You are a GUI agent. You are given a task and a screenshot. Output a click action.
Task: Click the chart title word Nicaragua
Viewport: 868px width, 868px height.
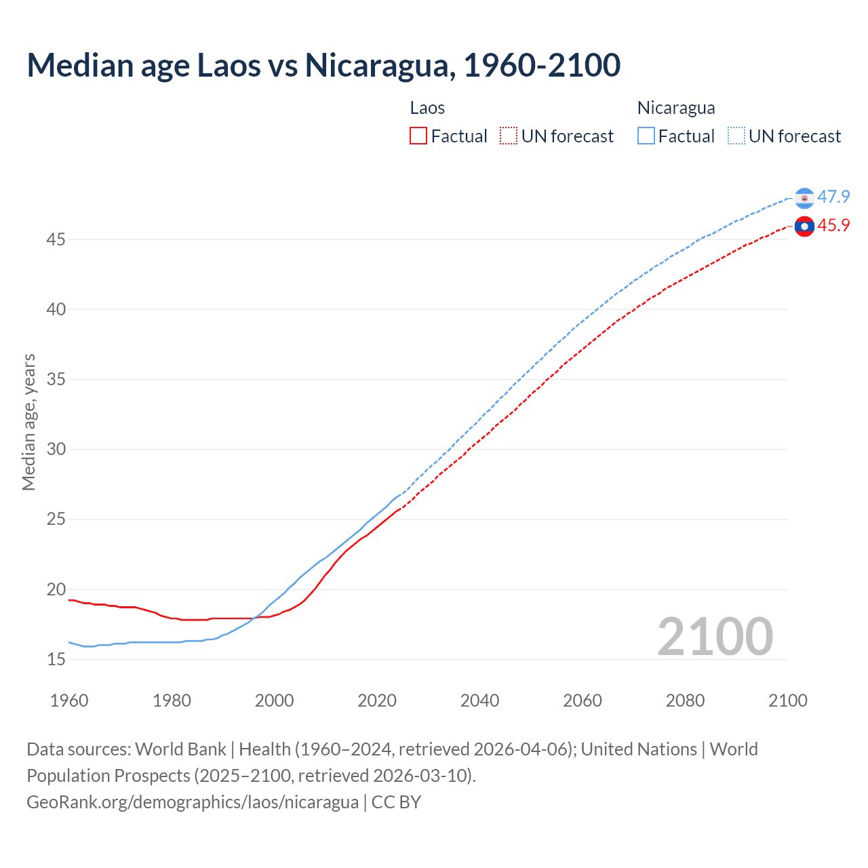tap(376, 65)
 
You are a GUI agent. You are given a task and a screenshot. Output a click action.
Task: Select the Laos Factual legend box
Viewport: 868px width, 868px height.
tap(418, 136)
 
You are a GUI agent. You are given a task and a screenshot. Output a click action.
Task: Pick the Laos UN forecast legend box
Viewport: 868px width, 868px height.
tap(509, 136)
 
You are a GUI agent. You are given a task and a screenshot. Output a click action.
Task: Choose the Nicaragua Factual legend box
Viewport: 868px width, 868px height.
tap(646, 136)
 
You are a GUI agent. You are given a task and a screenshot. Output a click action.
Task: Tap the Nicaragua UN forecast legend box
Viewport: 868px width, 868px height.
tap(736, 136)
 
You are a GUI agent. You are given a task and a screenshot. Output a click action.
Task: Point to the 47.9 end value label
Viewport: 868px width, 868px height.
tap(833, 197)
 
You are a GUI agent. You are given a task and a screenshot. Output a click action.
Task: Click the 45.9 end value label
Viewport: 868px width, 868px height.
tap(833, 226)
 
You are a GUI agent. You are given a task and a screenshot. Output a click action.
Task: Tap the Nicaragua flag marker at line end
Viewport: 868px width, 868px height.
tap(804, 198)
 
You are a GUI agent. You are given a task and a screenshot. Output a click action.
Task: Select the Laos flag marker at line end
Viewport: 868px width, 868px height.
tap(804, 226)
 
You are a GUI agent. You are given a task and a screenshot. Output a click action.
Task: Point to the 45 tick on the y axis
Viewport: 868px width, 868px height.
tap(56, 239)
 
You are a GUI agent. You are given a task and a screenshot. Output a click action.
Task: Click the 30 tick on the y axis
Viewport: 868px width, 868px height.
tap(56, 449)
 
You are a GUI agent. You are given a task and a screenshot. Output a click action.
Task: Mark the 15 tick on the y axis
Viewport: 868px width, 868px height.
tap(56, 659)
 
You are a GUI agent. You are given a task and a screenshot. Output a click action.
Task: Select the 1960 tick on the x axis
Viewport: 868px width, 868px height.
tap(69, 701)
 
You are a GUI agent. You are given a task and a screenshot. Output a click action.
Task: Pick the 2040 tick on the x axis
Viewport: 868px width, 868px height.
tap(479, 701)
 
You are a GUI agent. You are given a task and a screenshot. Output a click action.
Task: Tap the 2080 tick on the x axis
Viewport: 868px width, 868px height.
tap(685, 701)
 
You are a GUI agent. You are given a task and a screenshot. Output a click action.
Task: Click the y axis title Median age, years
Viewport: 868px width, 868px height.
tap(28, 422)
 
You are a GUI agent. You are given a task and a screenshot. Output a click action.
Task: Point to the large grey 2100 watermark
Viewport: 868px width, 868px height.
tap(715, 637)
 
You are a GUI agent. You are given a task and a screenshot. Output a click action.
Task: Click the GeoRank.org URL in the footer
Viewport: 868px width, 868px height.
tap(193, 802)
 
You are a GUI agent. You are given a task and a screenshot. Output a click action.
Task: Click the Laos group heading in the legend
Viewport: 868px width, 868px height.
tap(427, 108)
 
